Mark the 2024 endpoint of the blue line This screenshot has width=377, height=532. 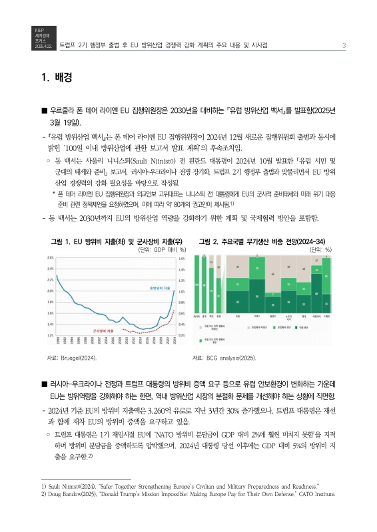tap(175, 291)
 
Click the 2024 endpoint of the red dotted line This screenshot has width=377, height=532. tap(175, 310)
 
